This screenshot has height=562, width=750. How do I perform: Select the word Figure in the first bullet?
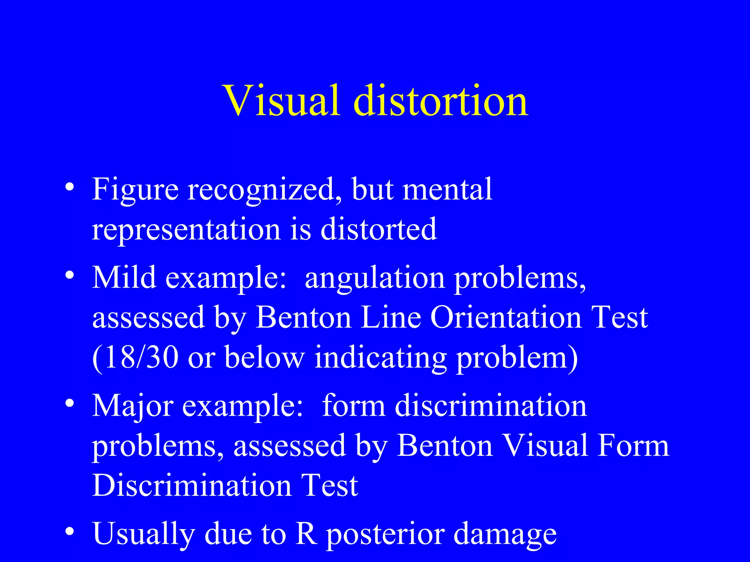[x=135, y=190]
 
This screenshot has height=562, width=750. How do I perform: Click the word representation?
[x=186, y=229]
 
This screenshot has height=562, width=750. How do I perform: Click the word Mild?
[x=124, y=277]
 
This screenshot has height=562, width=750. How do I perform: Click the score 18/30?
[x=135, y=357]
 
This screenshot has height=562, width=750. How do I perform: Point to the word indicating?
[x=380, y=357]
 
